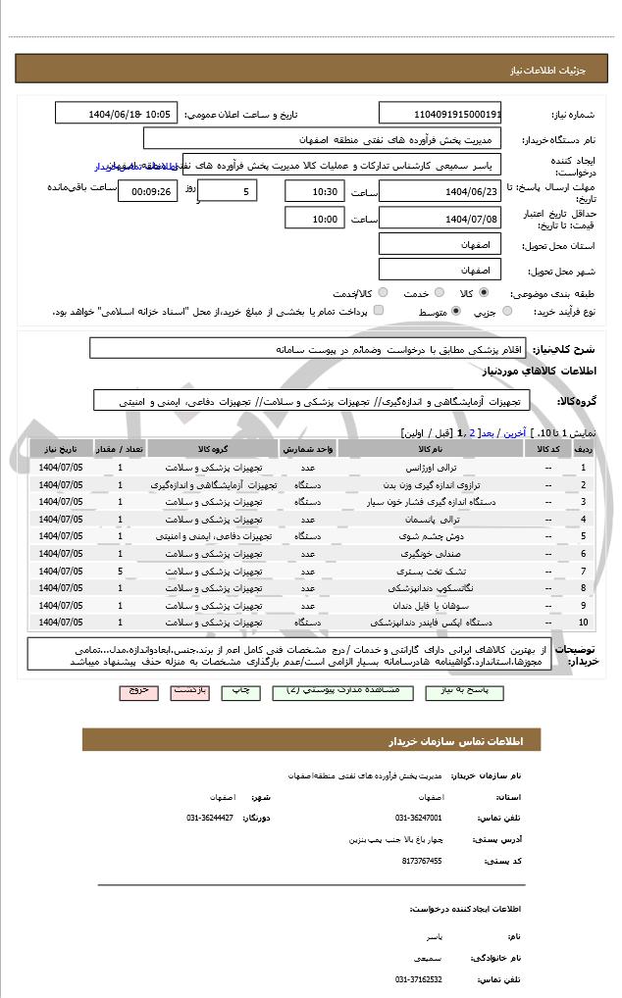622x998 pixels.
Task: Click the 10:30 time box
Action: pyautogui.click(x=316, y=190)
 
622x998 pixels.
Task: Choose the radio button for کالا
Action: pyautogui.click(x=483, y=292)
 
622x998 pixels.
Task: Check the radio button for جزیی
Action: pyautogui.click(x=506, y=311)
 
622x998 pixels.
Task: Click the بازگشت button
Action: pyautogui.click(x=189, y=690)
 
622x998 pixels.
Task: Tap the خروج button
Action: pyautogui.click(x=138, y=690)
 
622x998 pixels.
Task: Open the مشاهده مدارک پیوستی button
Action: pyautogui.click(x=334, y=690)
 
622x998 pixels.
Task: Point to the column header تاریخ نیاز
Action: pyautogui.click(x=61, y=448)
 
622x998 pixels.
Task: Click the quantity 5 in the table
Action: pyautogui.click(x=120, y=570)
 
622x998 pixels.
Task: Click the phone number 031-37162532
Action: pyautogui.click(x=419, y=978)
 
